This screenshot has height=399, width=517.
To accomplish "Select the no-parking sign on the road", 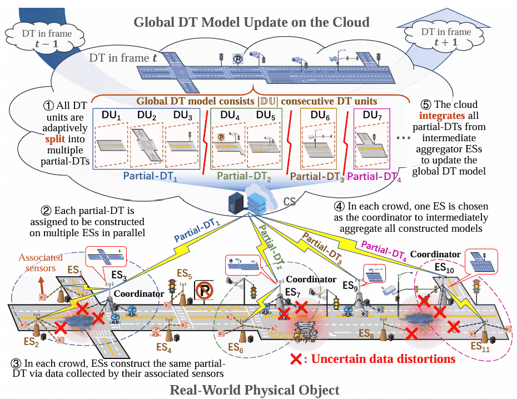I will pos(204,290).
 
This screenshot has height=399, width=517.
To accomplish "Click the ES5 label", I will pos(185,274).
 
